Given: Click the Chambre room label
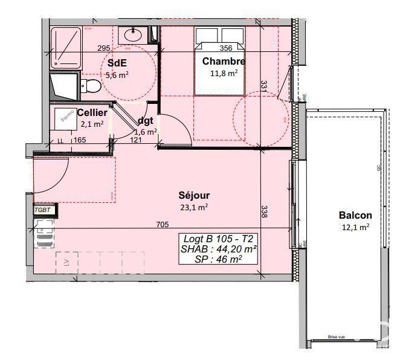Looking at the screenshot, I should point(224,61).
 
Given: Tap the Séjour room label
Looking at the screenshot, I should point(193,195).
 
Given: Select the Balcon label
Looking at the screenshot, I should point(355,215).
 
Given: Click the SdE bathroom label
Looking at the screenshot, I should point(117,63).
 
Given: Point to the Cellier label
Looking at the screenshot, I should point(92,112).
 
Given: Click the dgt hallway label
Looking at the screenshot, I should point(146,120).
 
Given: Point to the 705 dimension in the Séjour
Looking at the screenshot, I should point(162,225).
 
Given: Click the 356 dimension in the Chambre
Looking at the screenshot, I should point(226,49).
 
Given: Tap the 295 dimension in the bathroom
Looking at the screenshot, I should point(103,48).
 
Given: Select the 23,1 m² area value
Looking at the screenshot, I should point(193,207).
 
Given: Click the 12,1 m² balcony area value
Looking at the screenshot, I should point(355,227).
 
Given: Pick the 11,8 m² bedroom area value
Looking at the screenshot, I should point(224,72).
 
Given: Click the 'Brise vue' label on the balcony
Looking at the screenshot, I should point(337,338).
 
